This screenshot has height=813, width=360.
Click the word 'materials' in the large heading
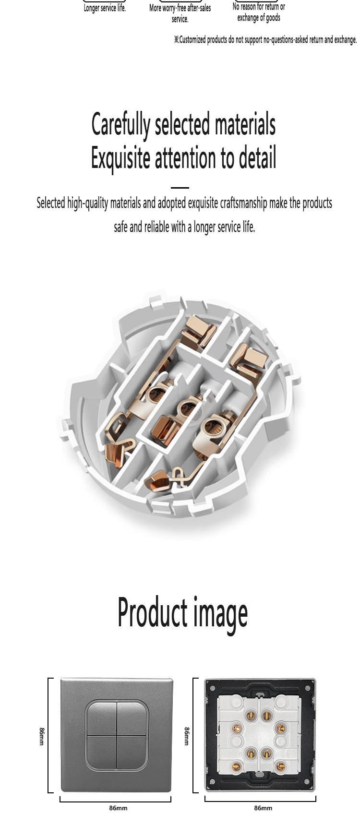245,124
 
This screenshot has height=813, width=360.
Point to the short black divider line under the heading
180,188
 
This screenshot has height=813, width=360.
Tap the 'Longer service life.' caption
105,8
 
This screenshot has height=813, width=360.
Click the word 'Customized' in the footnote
192,39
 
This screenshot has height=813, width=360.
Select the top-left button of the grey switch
101,718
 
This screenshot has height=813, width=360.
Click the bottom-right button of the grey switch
132,751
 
